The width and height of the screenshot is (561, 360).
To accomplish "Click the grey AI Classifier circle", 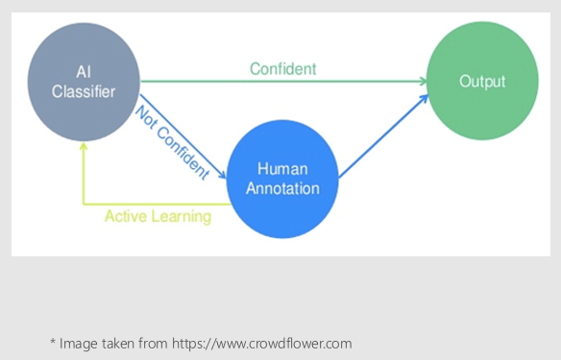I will point(84,84).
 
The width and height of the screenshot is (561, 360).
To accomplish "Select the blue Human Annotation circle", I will point(282,178).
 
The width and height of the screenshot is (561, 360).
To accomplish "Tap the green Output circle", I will point(482,82).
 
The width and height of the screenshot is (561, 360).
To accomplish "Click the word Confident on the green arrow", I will point(282,69).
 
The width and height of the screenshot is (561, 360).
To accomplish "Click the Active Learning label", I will point(158,216).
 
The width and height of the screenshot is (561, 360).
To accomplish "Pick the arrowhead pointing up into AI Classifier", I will point(85,146).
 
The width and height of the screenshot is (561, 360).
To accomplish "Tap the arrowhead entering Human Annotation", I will point(222,175).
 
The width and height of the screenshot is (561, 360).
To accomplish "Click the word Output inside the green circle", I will point(482,82).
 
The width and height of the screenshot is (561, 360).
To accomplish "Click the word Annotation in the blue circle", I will point(282,187).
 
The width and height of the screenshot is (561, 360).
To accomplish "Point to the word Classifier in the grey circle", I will point(84,93).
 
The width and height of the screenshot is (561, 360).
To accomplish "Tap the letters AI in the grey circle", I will point(84,74).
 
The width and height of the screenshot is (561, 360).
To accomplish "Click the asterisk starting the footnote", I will point(53,341).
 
